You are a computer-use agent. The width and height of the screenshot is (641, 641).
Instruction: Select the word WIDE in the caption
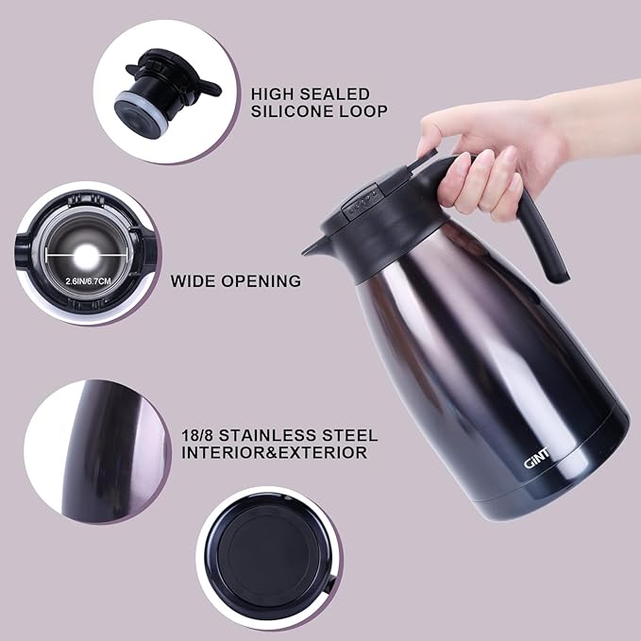[x=193, y=280]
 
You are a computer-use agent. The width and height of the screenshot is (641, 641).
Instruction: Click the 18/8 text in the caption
[x=199, y=436]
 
